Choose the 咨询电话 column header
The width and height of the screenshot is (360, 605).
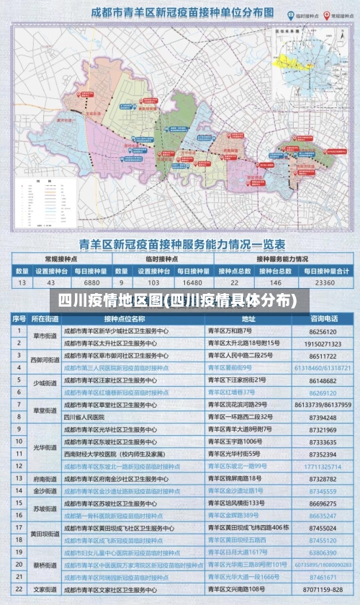tap(324, 318)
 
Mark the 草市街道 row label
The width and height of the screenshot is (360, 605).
tap(45, 336)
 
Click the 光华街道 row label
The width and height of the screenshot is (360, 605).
tap(45, 447)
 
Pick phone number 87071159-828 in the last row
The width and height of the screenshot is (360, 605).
tap(323, 589)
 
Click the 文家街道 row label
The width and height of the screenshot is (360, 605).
tap(45, 589)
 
